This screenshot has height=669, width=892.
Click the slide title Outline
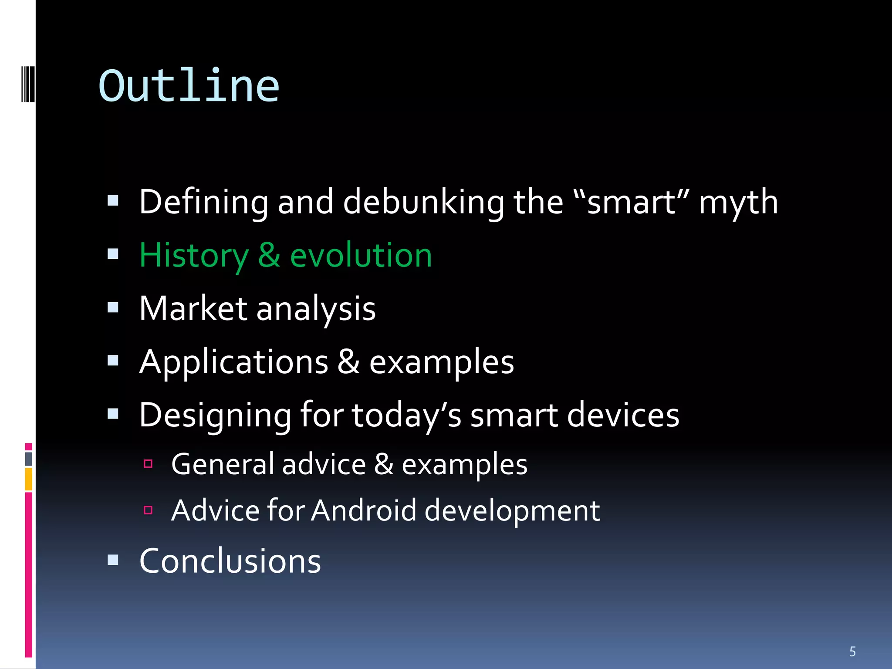click(189, 86)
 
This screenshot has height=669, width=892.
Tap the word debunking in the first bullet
click(423, 202)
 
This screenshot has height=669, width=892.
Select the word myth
click(738, 203)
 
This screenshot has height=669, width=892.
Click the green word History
click(194, 256)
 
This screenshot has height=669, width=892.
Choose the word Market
click(193, 308)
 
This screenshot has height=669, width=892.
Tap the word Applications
click(233, 362)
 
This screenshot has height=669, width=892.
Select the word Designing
click(215, 416)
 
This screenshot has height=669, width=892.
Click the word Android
click(364, 510)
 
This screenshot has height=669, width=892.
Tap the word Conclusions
click(230, 561)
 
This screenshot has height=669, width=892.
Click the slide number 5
click(852, 652)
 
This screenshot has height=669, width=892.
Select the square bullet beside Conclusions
click(113, 560)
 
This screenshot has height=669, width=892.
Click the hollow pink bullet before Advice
click(148, 510)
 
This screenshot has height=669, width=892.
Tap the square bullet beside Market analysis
click(113, 307)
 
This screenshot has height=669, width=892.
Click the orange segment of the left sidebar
click(29, 479)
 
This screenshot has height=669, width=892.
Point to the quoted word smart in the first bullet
click(632, 203)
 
